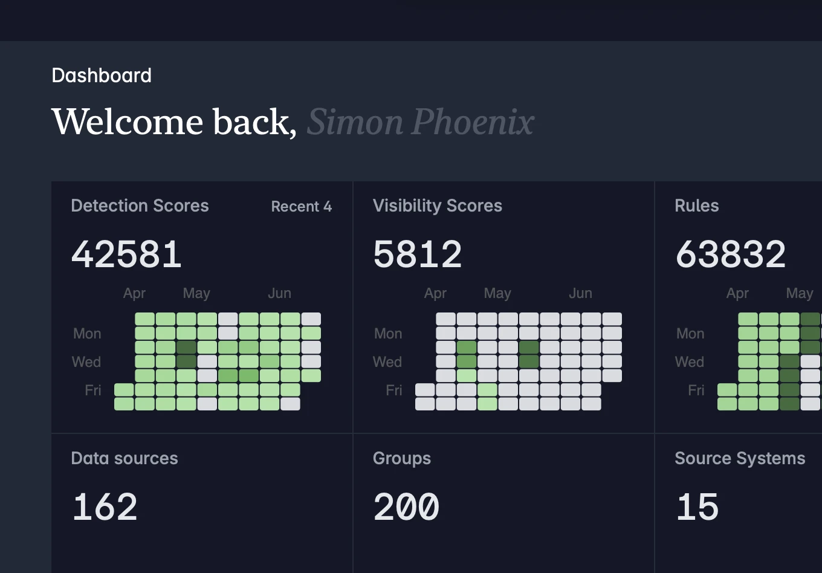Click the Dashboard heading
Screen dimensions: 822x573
coord(102,76)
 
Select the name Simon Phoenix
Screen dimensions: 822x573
coord(421,122)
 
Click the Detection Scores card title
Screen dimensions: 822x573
coord(140,206)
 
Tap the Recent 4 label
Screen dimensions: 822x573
coord(301,206)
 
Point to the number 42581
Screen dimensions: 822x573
coord(126,254)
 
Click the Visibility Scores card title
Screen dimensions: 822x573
coord(438,206)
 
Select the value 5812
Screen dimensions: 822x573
coord(418,254)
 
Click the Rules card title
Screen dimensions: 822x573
coord(696,206)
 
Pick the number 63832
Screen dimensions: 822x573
coord(731,254)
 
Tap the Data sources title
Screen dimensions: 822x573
coord(125,459)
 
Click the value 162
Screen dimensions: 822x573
coord(105,507)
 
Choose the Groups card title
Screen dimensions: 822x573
coord(402,459)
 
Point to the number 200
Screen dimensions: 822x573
coord(406,507)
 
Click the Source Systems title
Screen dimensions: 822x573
coord(740,459)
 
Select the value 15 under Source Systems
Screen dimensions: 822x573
coord(697,507)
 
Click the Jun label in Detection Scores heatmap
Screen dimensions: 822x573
coord(279,293)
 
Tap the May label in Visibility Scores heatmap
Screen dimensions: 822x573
coord(497,294)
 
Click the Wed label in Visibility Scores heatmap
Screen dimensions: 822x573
coord(387,362)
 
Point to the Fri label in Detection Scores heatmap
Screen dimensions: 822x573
coord(93,390)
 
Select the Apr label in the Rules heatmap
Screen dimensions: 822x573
coord(737,294)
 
